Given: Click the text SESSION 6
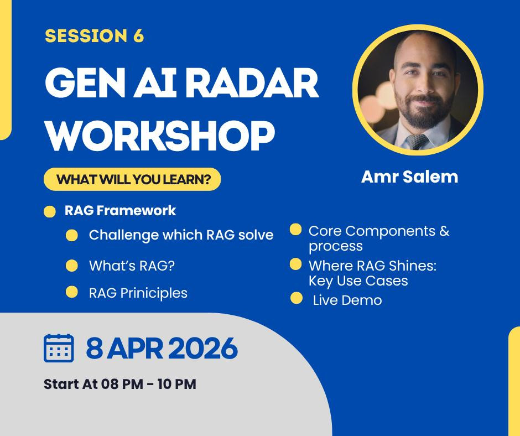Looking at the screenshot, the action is [x=94, y=35].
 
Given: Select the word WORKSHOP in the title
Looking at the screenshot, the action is [x=160, y=136].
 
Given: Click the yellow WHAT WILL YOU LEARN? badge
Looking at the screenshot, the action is [x=132, y=179].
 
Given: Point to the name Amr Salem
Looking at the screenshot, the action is [x=409, y=177].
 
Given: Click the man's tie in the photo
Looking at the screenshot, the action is [x=417, y=141].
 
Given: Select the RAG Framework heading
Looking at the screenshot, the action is [x=120, y=211].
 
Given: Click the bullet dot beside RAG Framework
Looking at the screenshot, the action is [x=50, y=212].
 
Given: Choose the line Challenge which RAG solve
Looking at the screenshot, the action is [x=181, y=235].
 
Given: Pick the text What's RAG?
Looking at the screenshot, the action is [x=132, y=266].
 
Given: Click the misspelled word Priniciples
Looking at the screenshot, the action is [x=154, y=293].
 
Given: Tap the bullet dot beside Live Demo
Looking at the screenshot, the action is [x=296, y=298].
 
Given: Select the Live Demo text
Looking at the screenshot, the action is [x=347, y=300].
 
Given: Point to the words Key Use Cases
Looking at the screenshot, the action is [x=358, y=281].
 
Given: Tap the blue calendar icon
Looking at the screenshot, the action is [x=59, y=348].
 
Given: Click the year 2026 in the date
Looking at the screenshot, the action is [x=202, y=348].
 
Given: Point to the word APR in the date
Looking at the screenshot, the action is [x=134, y=348].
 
